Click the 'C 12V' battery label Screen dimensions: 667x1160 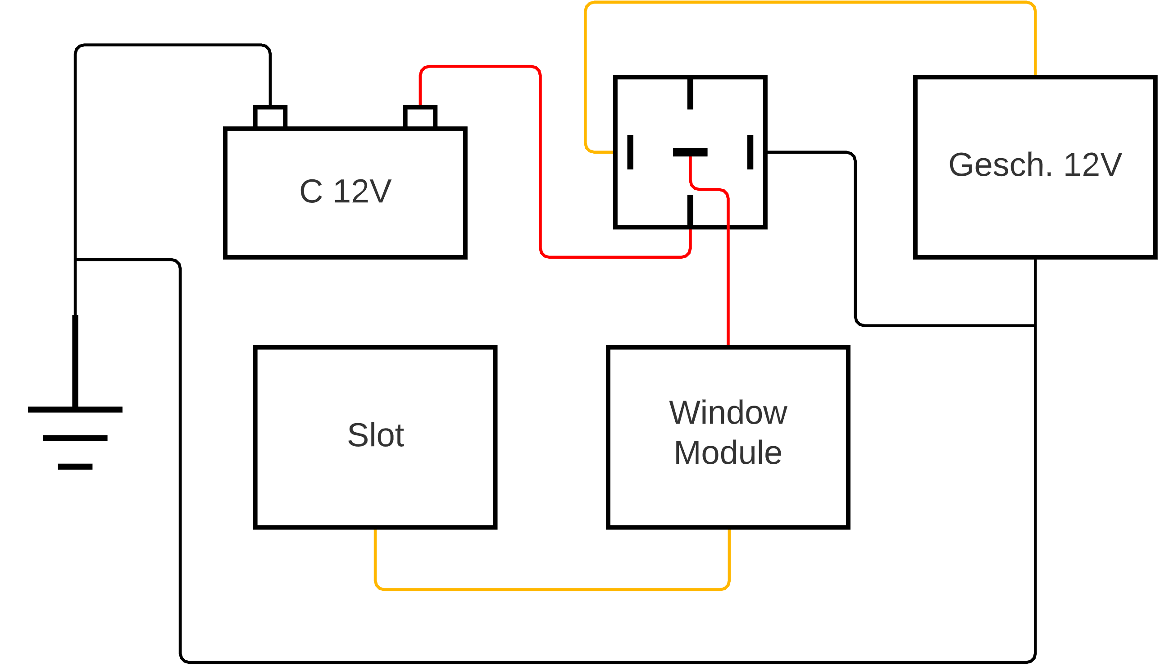click(346, 191)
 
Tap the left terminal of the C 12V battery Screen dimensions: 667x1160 click(270, 117)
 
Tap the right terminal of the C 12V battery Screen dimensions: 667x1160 click(420, 117)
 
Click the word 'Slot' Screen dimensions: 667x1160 click(375, 435)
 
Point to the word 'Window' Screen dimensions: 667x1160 click(728, 413)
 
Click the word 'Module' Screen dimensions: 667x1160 click(728, 452)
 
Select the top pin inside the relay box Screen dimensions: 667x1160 click(690, 94)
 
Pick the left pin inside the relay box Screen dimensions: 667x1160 click(630, 152)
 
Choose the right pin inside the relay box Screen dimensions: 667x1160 click(751, 152)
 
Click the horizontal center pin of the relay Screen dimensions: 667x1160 click(690, 152)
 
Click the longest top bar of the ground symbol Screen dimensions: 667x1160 click(75, 410)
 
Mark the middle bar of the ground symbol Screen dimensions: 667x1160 click(75, 439)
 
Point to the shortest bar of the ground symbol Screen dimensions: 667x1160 click(75, 467)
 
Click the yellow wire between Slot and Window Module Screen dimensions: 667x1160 click(549, 589)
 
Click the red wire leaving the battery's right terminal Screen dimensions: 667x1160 click(481, 66)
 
